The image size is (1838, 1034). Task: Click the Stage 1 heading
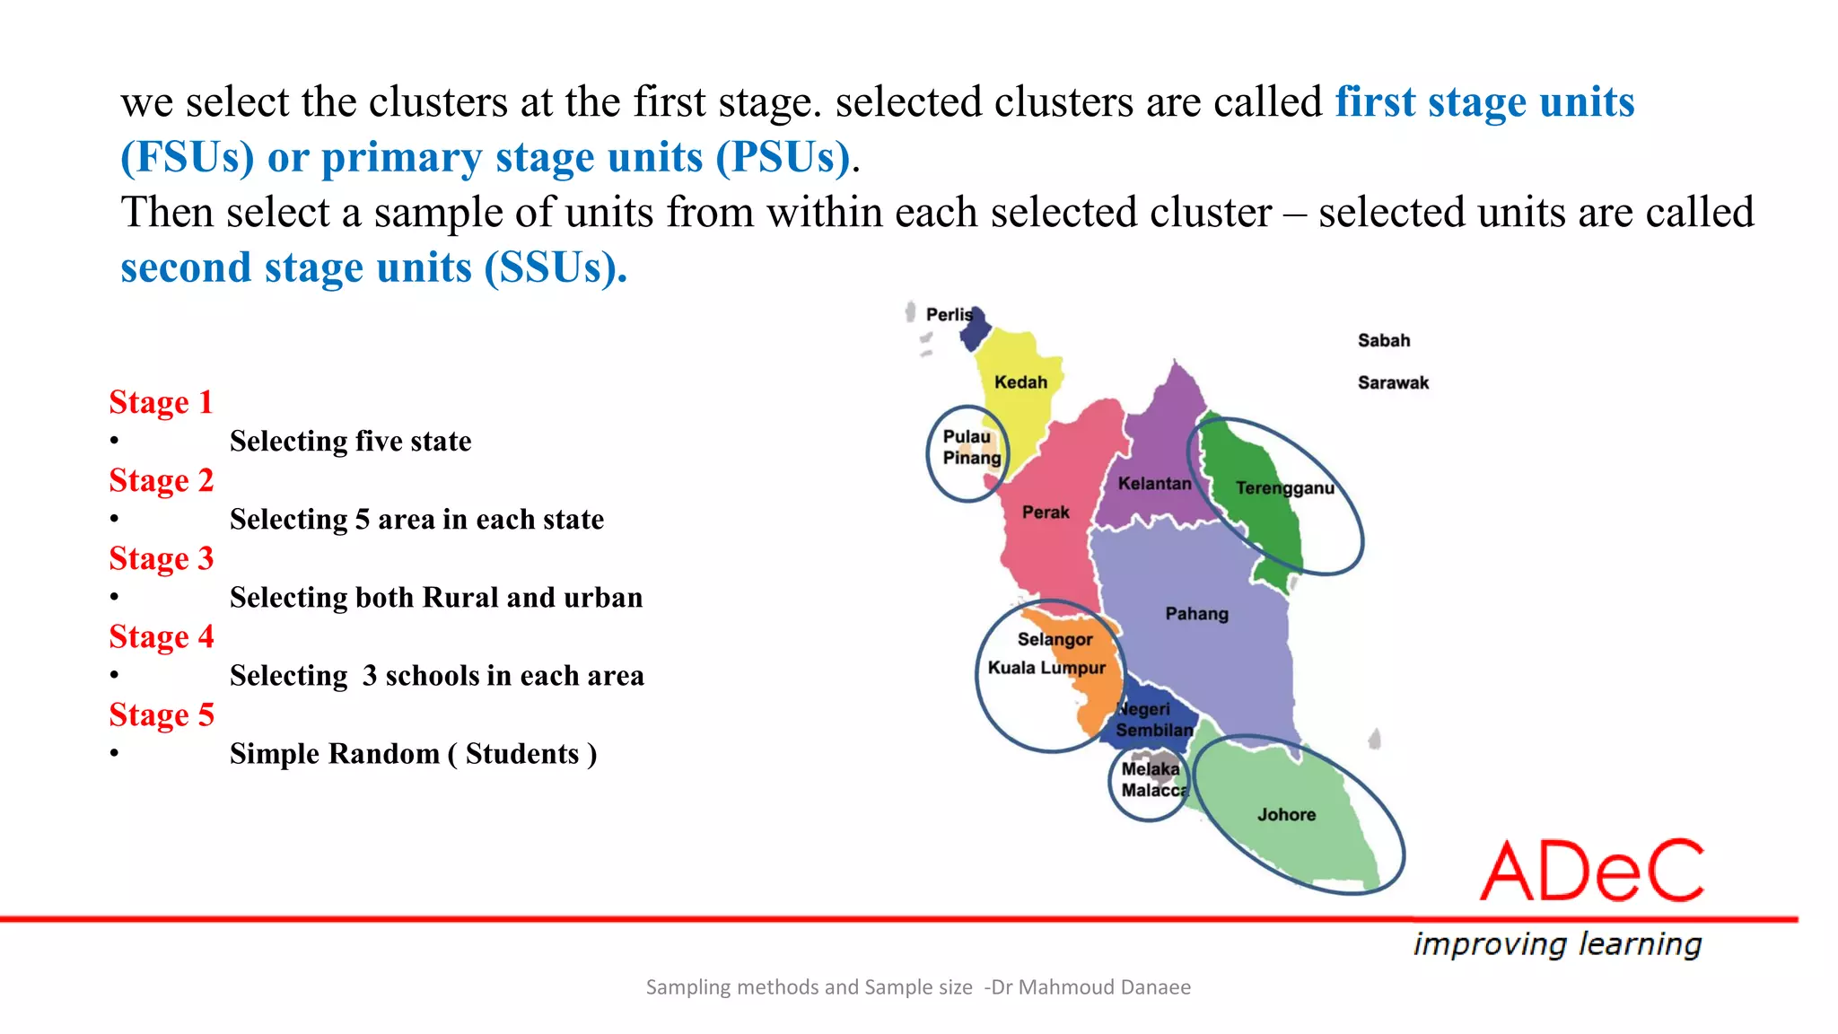click(x=162, y=402)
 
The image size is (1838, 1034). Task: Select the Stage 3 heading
click(x=162, y=558)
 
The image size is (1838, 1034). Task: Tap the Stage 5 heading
click(x=162, y=714)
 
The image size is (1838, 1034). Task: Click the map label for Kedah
click(x=1020, y=382)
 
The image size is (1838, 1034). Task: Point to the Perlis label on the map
click(x=949, y=315)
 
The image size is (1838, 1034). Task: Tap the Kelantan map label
click(x=1154, y=484)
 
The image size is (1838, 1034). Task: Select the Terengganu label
click(x=1284, y=488)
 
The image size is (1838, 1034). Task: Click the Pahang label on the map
click(x=1196, y=614)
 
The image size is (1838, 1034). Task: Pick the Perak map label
click(x=1046, y=513)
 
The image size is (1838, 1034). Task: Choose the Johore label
click(x=1286, y=815)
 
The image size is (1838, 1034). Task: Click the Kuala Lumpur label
click(x=1046, y=668)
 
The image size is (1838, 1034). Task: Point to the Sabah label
click(x=1383, y=341)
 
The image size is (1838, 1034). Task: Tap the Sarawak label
click(x=1392, y=383)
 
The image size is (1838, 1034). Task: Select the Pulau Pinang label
click(x=970, y=447)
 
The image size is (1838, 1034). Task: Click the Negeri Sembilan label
click(x=1152, y=720)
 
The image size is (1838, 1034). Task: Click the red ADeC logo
click(x=1591, y=871)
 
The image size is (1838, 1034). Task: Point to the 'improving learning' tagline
click(x=1557, y=944)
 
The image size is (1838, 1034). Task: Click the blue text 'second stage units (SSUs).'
click(x=373, y=267)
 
